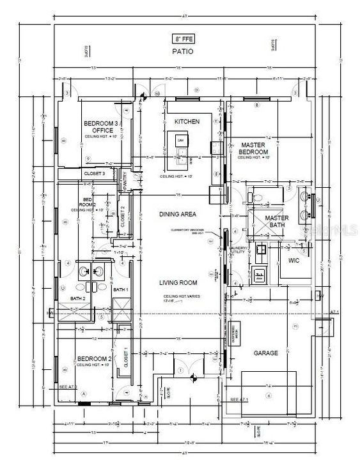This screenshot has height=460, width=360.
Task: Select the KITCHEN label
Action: point(187,121)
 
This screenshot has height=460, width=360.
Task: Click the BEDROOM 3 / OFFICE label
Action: point(102,126)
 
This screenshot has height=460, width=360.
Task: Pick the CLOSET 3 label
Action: point(95,173)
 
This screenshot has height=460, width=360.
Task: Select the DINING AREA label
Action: point(178,214)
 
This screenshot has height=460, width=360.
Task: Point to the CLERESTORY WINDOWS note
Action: point(200,232)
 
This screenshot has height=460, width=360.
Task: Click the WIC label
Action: point(294,261)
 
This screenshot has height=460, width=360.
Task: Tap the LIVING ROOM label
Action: point(178,282)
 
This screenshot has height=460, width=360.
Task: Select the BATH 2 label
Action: point(78,298)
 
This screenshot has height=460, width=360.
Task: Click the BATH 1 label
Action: point(120,290)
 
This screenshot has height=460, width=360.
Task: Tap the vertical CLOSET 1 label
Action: point(125,357)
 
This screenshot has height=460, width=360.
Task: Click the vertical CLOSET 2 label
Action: point(123,218)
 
